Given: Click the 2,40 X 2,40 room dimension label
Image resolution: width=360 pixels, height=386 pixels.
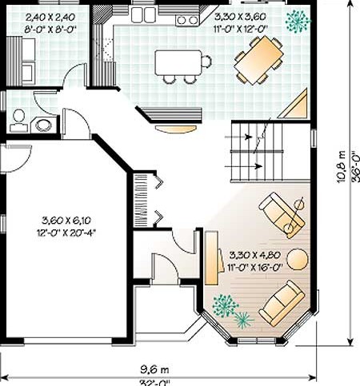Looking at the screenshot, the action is coord(50,18).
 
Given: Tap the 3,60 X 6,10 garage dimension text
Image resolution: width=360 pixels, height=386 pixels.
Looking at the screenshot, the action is coord(66,221).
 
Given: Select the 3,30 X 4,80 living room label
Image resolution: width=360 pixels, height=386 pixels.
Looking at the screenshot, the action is coord(255,255).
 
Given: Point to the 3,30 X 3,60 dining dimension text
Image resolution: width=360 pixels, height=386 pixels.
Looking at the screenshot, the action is coord(240,17).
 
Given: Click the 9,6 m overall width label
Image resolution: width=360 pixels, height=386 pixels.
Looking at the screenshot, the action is coord(155,369).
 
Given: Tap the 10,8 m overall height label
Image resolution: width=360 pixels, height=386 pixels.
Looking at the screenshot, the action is coord(342,167).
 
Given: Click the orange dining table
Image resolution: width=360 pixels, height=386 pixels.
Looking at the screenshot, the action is coord(258,60).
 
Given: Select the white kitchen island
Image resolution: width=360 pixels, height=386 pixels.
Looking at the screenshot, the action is coord(178,62).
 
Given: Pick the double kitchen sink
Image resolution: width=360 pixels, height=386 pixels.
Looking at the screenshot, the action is coord(143,14).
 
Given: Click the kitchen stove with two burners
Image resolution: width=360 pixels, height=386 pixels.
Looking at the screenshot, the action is coord(187,20).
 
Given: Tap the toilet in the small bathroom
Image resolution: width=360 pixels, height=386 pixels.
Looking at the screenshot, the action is coord(18,121).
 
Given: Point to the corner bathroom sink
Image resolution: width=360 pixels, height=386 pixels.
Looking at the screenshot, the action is coord(43,125).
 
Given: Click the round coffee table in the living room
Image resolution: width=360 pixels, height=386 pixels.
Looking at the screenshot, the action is coord(298,260).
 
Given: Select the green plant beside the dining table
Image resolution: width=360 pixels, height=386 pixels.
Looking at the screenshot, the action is coord(298,22).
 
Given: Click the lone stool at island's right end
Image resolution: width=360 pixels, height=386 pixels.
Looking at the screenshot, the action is coord(206,62).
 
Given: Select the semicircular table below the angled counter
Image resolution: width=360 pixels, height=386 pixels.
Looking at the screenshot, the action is coord(176,129).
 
